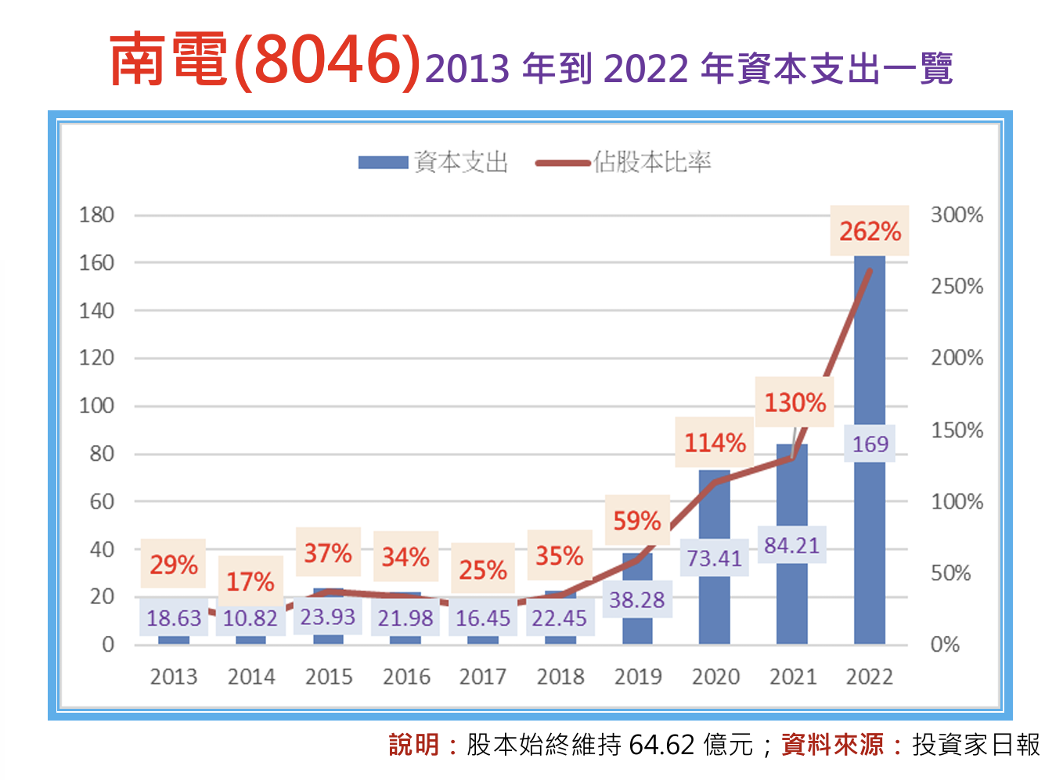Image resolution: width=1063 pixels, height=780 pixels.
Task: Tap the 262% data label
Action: click(870, 231)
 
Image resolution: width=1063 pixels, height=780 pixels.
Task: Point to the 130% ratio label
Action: click(795, 402)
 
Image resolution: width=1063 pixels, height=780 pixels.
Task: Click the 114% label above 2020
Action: click(715, 443)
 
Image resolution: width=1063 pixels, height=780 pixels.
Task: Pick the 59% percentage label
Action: click(637, 520)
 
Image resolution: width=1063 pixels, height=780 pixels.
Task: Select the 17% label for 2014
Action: click(250, 581)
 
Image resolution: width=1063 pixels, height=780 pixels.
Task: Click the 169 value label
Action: click(870, 444)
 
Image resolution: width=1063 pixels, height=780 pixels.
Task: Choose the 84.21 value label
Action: click(791, 545)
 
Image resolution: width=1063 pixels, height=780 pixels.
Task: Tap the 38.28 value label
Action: click(637, 600)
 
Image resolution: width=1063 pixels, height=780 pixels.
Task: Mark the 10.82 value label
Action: click(250, 619)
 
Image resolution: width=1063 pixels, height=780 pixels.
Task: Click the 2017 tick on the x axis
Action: click(483, 677)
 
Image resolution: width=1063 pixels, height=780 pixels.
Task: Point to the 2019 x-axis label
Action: click(638, 677)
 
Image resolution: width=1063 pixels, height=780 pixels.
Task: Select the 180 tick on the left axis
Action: click(96, 215)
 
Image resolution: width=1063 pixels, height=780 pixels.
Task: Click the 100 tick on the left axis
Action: click(96, 406)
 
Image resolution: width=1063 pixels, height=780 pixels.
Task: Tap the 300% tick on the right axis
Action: click(957, 215)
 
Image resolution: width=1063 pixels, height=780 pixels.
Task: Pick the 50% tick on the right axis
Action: click(950, 573)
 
